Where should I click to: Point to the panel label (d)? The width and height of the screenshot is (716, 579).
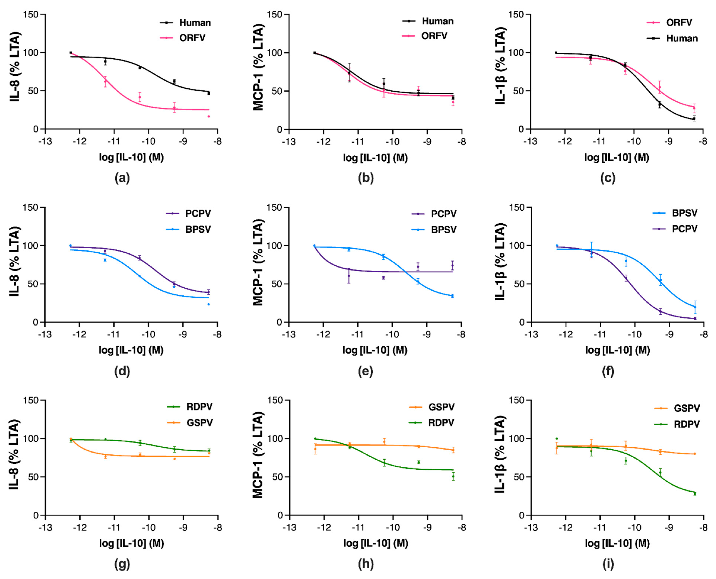pyautogui.click(x=122, y=371)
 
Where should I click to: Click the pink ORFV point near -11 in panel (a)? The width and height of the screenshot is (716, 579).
pyautogui.click(x=106, y=81)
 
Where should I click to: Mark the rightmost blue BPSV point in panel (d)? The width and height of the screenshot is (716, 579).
pyautogui.click(x=208, y=304)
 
